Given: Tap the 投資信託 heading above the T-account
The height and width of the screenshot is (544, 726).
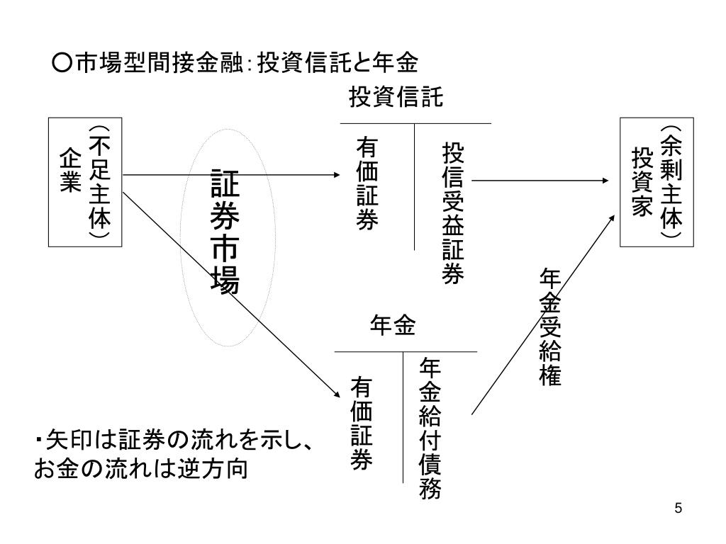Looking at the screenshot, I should (396, 98).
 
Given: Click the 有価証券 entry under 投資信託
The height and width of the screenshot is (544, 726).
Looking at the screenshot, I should (367, 183).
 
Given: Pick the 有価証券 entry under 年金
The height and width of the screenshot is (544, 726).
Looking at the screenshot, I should (362, 424).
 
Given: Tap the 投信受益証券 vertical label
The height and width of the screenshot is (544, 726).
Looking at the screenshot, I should (452, 212).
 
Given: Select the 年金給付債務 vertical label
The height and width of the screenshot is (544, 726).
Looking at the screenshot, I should (430, 429).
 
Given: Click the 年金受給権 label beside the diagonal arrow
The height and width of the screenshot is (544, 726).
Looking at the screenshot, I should (550, 327).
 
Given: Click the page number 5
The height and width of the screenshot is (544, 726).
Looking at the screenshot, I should (678, 508).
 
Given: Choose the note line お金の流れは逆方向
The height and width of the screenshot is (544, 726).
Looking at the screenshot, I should (142, 469).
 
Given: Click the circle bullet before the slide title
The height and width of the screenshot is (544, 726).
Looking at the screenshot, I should (61, 64).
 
